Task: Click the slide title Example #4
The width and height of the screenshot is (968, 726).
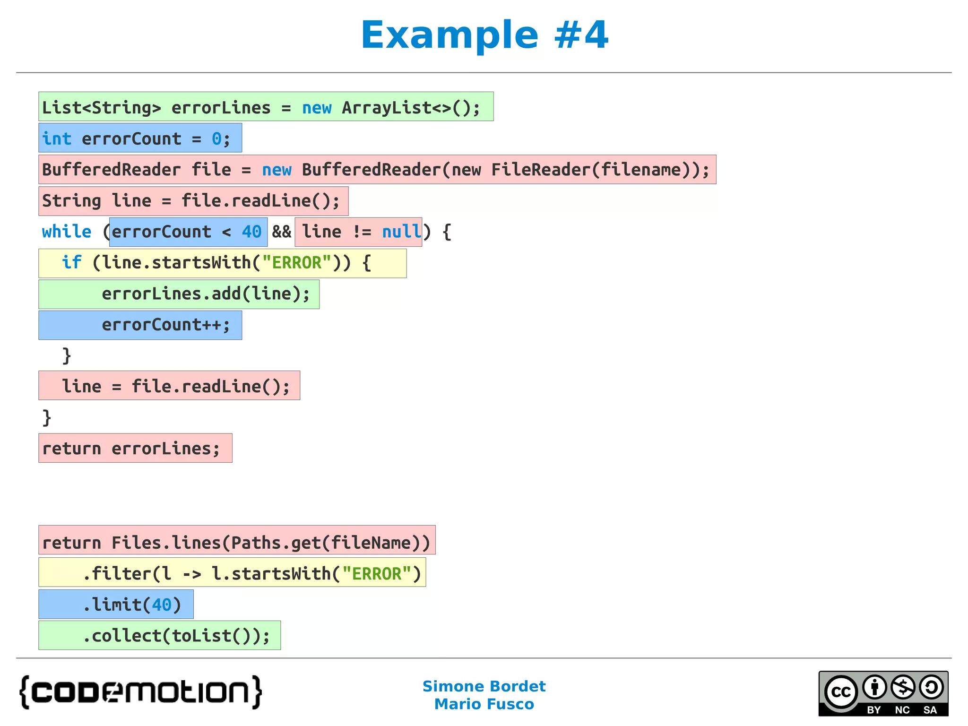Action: [x=484, y=35]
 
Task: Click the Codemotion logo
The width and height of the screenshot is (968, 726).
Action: [x=141, y=692]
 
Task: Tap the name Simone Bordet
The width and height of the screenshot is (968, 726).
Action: [x=484, y=686]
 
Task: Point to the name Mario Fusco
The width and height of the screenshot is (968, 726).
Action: [x=484, y=704]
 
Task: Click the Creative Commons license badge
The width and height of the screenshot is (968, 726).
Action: [x=883, y=693]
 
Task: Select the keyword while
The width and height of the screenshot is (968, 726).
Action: [x=67, y=232]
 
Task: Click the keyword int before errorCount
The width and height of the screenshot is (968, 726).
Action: [x=57, y=139]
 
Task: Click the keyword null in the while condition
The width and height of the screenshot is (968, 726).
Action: [x=401, y=232]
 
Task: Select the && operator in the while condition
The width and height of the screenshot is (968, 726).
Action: [x=282, y=232]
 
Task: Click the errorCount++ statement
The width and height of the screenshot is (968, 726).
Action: [x=166, y=325]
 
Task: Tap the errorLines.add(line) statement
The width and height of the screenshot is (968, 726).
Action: [x=206, y=294]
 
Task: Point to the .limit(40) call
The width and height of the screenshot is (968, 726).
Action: [x=132, y=605]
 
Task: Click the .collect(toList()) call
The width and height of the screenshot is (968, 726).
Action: [x=176, y=636]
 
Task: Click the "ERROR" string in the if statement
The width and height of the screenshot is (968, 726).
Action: [x=296, y=263]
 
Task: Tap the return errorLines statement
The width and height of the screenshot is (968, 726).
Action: [x=131, y=449]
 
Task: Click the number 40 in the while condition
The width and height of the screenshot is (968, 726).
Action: [x=251, y=232]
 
